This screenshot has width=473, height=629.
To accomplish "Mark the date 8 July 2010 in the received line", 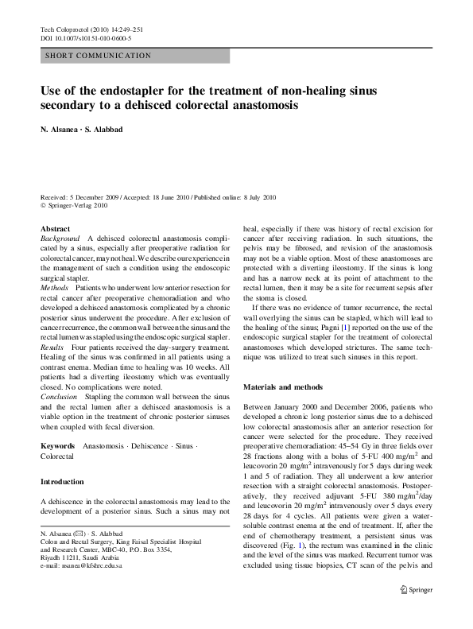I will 255,196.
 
